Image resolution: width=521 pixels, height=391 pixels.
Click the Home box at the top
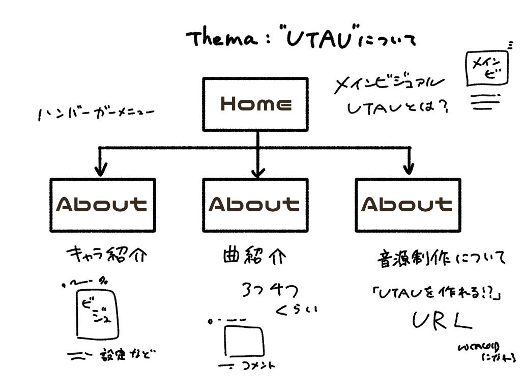point(255,104)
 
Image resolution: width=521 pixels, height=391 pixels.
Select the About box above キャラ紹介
point(102,204)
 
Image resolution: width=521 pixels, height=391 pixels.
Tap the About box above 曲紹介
point(255,204)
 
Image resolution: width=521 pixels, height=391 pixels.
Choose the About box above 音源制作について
point(408,204)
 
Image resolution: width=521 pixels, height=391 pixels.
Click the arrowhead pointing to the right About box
point(408,168)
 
